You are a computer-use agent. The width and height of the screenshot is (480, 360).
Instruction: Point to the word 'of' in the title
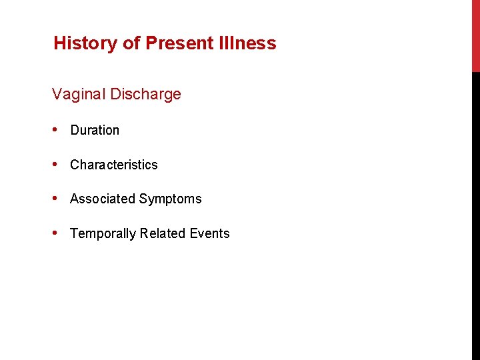(130, 44)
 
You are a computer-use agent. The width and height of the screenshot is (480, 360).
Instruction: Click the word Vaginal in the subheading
(79, 95)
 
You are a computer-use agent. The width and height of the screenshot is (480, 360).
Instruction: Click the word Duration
(95, 131)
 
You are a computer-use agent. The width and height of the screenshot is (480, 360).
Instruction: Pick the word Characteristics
(114, 165)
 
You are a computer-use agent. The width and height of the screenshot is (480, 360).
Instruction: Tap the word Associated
(102, 199)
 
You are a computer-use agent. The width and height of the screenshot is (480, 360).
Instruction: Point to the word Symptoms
(170, 199)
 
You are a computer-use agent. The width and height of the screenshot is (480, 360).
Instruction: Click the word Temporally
(103, 234)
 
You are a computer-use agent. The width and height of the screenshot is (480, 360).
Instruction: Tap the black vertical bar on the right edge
(475, 213)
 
